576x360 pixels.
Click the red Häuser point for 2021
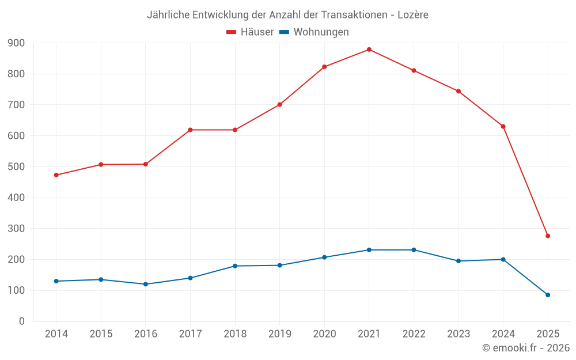369,50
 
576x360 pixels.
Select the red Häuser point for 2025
548,236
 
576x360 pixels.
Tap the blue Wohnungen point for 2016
146,284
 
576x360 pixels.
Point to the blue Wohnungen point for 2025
548,295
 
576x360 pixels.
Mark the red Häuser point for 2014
56,175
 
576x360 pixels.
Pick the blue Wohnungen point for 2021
369,250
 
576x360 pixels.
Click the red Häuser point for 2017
190,130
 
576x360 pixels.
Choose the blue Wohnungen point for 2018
235,266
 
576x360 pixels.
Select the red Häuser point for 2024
503,127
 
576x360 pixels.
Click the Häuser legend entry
250,32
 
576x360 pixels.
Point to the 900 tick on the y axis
16,43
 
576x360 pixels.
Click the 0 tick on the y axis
21,321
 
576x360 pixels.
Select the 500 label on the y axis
16,167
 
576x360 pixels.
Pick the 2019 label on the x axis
280,334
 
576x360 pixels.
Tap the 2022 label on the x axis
414,334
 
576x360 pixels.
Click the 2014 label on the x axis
56,334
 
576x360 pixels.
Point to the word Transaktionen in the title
354,14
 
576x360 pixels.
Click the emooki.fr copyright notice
525,348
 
